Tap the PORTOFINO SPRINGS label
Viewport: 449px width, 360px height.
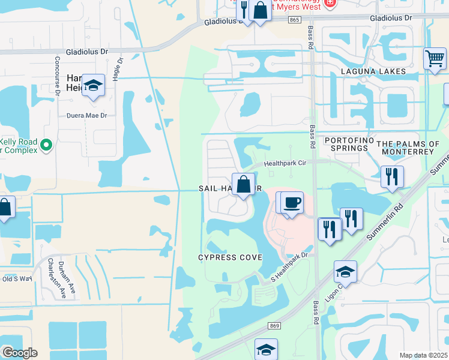click(345, 144)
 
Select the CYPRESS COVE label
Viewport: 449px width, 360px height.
click(231, 257)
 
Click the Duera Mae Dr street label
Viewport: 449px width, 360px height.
click(86, 115)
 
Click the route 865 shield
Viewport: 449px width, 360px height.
click(294, 20)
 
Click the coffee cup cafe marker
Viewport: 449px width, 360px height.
click(292, 202)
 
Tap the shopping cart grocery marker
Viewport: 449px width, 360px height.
click(434, 59)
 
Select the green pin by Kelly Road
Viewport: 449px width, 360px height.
click(46, 145)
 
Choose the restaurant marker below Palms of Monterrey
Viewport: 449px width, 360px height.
click(392, 176)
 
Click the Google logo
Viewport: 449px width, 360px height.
click(20, 352)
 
